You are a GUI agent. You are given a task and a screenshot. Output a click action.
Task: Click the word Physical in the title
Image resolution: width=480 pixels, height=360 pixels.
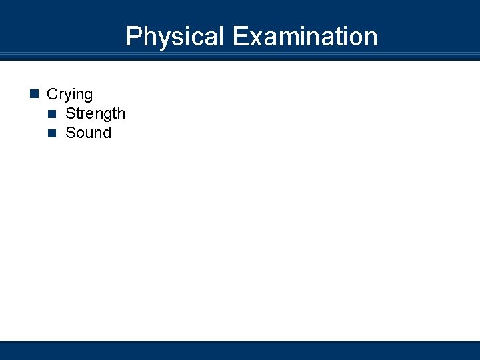coord(175,37)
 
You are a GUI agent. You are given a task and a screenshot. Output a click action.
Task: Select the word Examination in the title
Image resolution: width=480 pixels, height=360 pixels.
coord(305,37)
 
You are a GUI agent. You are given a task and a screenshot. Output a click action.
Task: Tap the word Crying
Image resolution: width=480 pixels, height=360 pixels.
coord(69,95)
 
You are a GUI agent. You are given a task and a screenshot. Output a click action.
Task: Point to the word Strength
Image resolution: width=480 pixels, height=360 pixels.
coord(95,114)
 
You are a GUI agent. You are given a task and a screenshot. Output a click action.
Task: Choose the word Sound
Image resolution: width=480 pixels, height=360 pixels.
coord(88,133)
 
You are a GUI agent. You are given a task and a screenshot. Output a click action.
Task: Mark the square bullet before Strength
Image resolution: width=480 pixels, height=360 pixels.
coord(53,114)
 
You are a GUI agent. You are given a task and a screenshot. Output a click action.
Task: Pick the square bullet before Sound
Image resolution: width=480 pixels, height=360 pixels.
coord(53,133)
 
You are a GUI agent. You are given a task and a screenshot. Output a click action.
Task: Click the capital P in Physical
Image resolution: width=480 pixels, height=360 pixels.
coord(133,37)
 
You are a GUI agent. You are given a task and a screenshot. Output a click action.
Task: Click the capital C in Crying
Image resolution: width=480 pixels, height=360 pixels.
coord(52,95)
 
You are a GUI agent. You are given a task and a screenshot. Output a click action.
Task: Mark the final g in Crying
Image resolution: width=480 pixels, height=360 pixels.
coord(88,96)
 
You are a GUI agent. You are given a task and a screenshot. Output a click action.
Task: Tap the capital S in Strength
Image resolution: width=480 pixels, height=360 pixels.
coord(70,114)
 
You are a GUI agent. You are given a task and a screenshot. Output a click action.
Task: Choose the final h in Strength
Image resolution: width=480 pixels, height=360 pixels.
coord(121,114)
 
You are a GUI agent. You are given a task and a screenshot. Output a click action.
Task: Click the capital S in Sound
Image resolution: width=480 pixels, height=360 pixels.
coord(70,133)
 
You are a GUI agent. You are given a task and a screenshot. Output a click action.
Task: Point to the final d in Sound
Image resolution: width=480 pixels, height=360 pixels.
coord(107,133)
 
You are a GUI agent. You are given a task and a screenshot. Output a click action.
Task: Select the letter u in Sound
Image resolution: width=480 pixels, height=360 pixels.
coord(89,133)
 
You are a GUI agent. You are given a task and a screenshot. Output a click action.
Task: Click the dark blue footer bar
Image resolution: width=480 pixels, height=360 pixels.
coord(240,351)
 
